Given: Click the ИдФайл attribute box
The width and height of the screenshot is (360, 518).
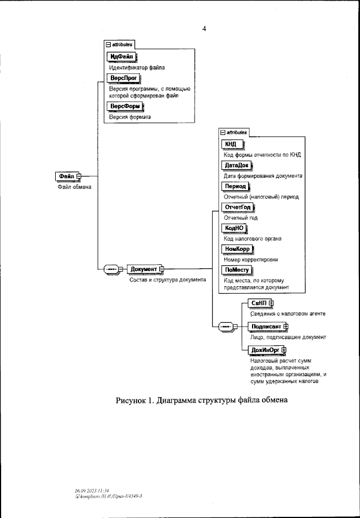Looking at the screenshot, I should (122, 56).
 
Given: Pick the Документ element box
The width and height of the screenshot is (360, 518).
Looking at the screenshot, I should (143, 269).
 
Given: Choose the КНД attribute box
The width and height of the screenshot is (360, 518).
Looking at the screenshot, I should (231, 145).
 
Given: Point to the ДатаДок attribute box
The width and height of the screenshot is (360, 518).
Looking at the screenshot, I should (236, 165).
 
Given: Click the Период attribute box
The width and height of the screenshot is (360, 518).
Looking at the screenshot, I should (234, 186).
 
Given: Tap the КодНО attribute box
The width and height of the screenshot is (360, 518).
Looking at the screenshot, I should (235, 228).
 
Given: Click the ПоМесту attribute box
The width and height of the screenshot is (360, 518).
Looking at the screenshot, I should (236, 269).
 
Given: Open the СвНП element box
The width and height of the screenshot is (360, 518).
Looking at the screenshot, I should (259, 303).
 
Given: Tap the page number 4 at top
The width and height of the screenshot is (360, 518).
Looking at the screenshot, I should (205, 29).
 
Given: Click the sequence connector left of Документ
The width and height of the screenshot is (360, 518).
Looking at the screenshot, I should (112, 269).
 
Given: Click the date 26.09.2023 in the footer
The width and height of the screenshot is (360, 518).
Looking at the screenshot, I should (85, 490).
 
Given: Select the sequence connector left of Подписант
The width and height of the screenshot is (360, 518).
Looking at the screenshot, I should (225, 326).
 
